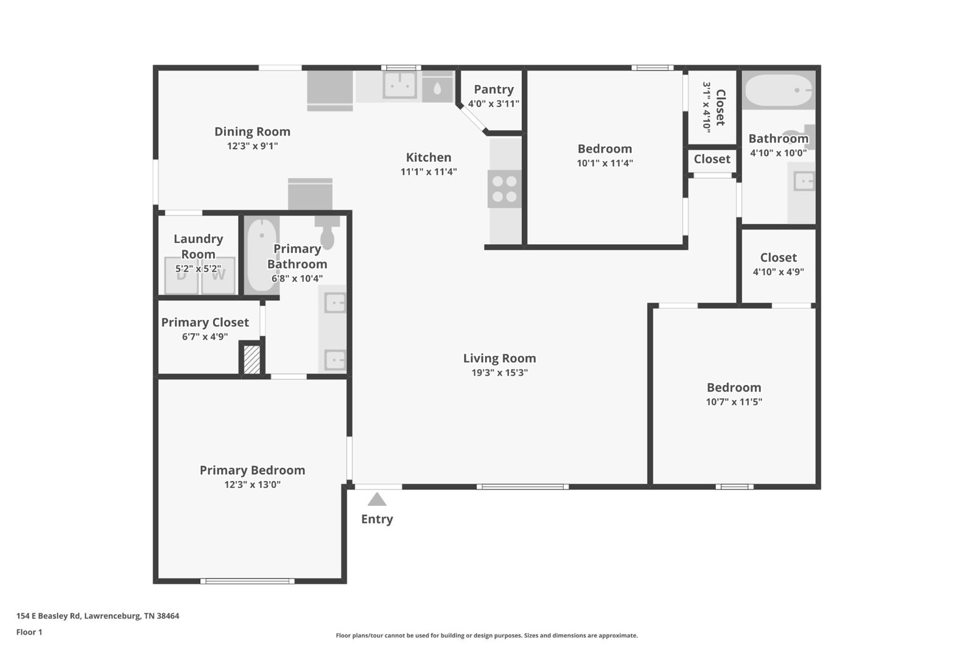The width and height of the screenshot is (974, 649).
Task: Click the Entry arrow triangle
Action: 377,499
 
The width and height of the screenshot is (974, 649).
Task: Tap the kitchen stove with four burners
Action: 505,189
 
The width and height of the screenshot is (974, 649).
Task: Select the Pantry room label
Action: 494,89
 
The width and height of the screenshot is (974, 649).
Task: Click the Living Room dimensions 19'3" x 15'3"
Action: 500,373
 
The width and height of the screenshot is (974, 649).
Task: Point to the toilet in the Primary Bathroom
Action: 327,233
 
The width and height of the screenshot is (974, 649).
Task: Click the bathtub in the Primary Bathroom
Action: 261,254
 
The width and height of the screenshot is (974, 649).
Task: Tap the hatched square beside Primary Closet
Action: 251,359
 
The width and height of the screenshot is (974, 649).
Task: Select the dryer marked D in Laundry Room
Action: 181,275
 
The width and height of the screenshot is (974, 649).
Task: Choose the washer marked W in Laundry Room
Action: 219,275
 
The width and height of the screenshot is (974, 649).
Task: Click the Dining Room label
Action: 252,132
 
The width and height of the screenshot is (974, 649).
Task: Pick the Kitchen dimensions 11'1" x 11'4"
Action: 429,172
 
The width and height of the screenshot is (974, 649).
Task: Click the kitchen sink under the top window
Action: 399,85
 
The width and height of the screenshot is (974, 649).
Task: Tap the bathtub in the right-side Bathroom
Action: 779,90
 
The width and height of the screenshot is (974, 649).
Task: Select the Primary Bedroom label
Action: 252,470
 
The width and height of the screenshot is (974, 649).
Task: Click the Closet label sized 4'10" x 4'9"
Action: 779,258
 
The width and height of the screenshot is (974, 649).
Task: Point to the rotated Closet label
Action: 720,107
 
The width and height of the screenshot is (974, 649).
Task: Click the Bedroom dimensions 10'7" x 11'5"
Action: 734,402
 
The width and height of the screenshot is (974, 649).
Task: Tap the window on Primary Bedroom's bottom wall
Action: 247,581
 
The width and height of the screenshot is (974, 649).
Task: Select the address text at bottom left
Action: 98,616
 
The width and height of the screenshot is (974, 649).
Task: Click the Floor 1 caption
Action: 29,633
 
